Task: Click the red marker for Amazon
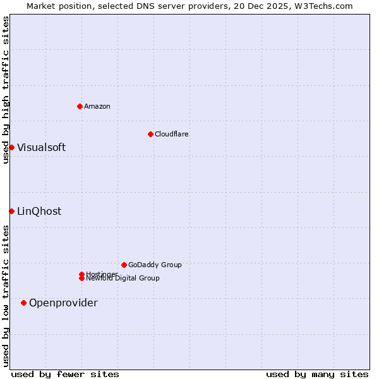click(80, 106)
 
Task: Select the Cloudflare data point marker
click(150, 134)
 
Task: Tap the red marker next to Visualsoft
click(11, 147)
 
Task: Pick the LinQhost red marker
click(11, 211)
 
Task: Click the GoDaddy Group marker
click(124, 265)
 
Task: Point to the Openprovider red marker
click(24, 303)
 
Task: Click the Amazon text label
click(97, 106)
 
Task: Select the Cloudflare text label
click(172, 134)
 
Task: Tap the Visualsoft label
click(41, 148)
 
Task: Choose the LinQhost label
click(39, 212)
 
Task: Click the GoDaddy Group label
click(155, 265)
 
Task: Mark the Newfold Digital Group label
click(123, 279)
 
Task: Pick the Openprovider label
click(63, 303)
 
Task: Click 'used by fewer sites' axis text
click(65, 374)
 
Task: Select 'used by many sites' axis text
click(317, 374)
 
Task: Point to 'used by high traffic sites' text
click(6, 90)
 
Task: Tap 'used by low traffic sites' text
click(6, 296)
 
